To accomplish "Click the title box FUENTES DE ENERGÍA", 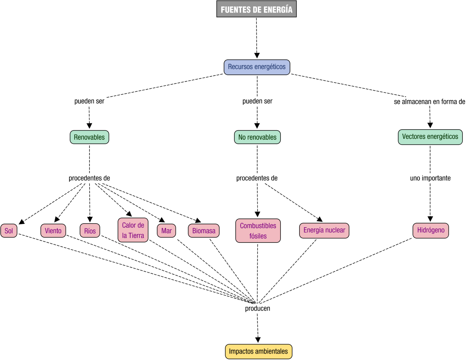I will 257,9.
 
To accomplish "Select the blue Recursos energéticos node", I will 257,67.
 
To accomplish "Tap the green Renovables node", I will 89,137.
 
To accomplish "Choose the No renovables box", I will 257,137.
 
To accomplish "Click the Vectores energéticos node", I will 430,137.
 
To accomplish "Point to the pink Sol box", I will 9,231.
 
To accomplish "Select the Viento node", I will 53,231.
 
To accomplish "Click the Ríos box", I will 90,231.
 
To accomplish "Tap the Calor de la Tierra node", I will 133,230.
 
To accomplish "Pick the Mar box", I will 166,231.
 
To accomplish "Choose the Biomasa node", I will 204,231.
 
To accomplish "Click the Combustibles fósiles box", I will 258,231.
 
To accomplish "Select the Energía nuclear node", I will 324,230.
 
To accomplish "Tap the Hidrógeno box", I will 430,230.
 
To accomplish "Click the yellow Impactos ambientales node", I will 258,351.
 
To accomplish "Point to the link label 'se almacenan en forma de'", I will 429,102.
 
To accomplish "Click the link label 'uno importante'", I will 430,178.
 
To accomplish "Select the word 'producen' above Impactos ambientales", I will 257,308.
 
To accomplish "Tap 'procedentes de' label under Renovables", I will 89,178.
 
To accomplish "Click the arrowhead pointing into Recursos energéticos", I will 257,56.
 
